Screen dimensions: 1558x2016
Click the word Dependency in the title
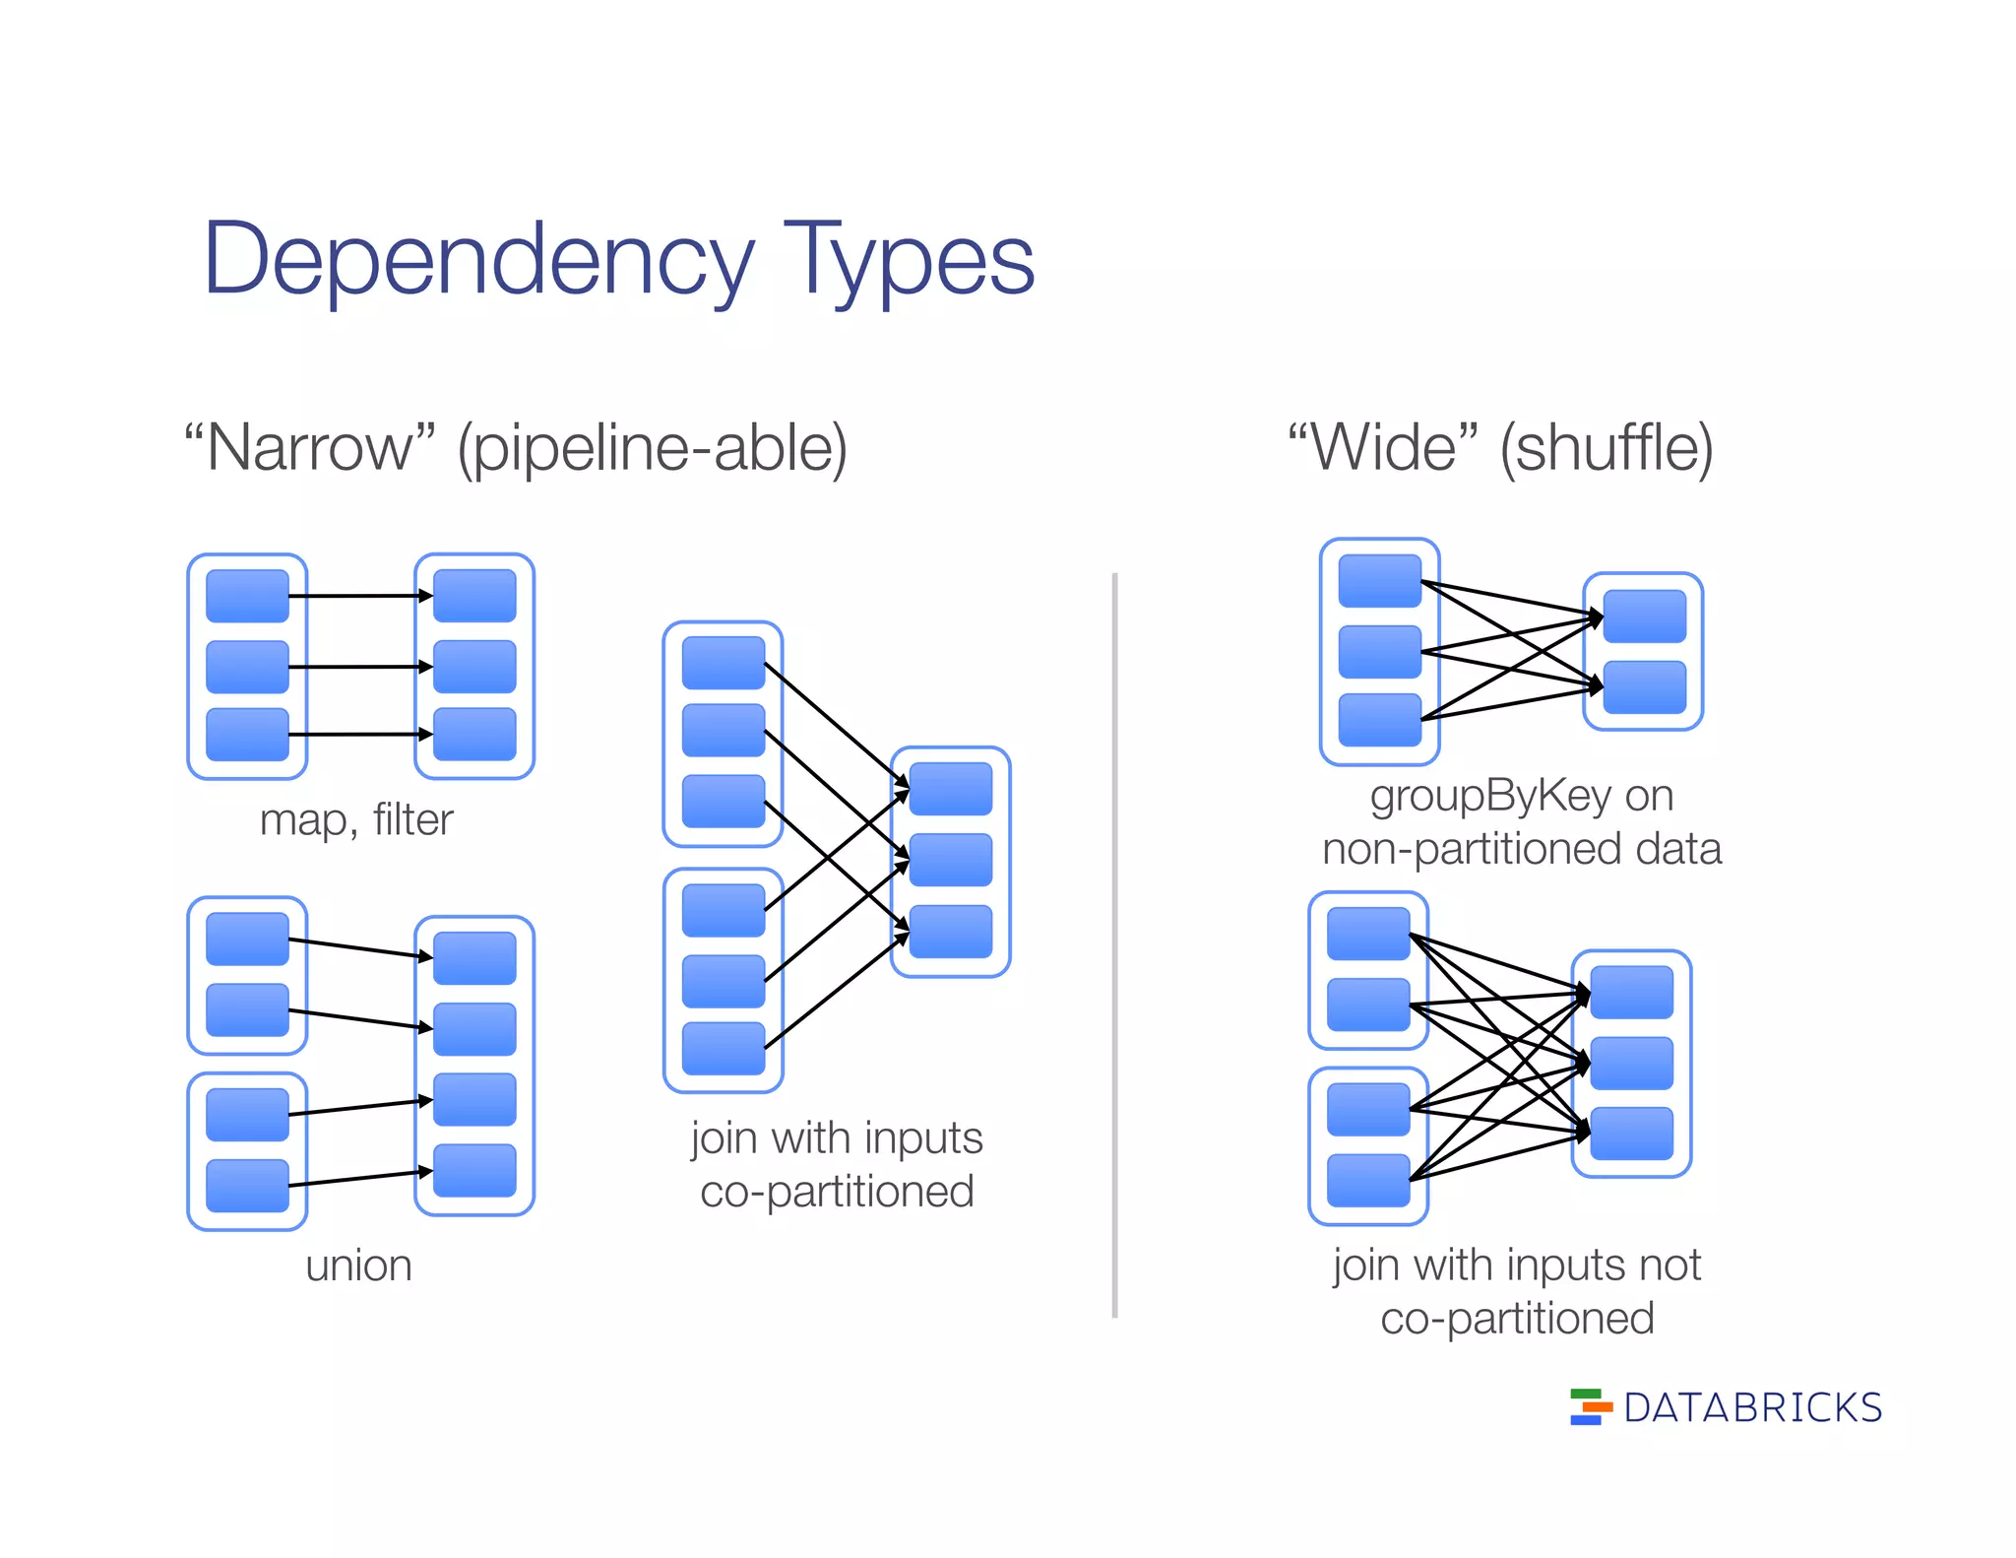477,259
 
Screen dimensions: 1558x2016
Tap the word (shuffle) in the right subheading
1606,448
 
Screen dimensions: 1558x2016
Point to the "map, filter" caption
356,819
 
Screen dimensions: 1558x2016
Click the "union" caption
358,1266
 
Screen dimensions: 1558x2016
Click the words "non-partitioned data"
1522,849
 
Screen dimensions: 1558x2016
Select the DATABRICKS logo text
1752,1408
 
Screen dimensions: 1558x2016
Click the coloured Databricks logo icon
1590,1407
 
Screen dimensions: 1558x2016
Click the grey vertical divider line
1114,945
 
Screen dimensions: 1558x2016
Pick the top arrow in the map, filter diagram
359,596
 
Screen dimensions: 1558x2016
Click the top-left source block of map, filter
247,596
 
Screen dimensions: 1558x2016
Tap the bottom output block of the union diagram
474,1170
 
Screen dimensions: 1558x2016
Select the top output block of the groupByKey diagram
1644,617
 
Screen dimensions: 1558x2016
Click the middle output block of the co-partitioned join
950,860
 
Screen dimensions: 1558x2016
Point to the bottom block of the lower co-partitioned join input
724,1048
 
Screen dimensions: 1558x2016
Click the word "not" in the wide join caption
1670,1266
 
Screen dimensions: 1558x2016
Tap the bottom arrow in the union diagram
359,1178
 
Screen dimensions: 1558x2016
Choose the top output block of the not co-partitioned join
1631,992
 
